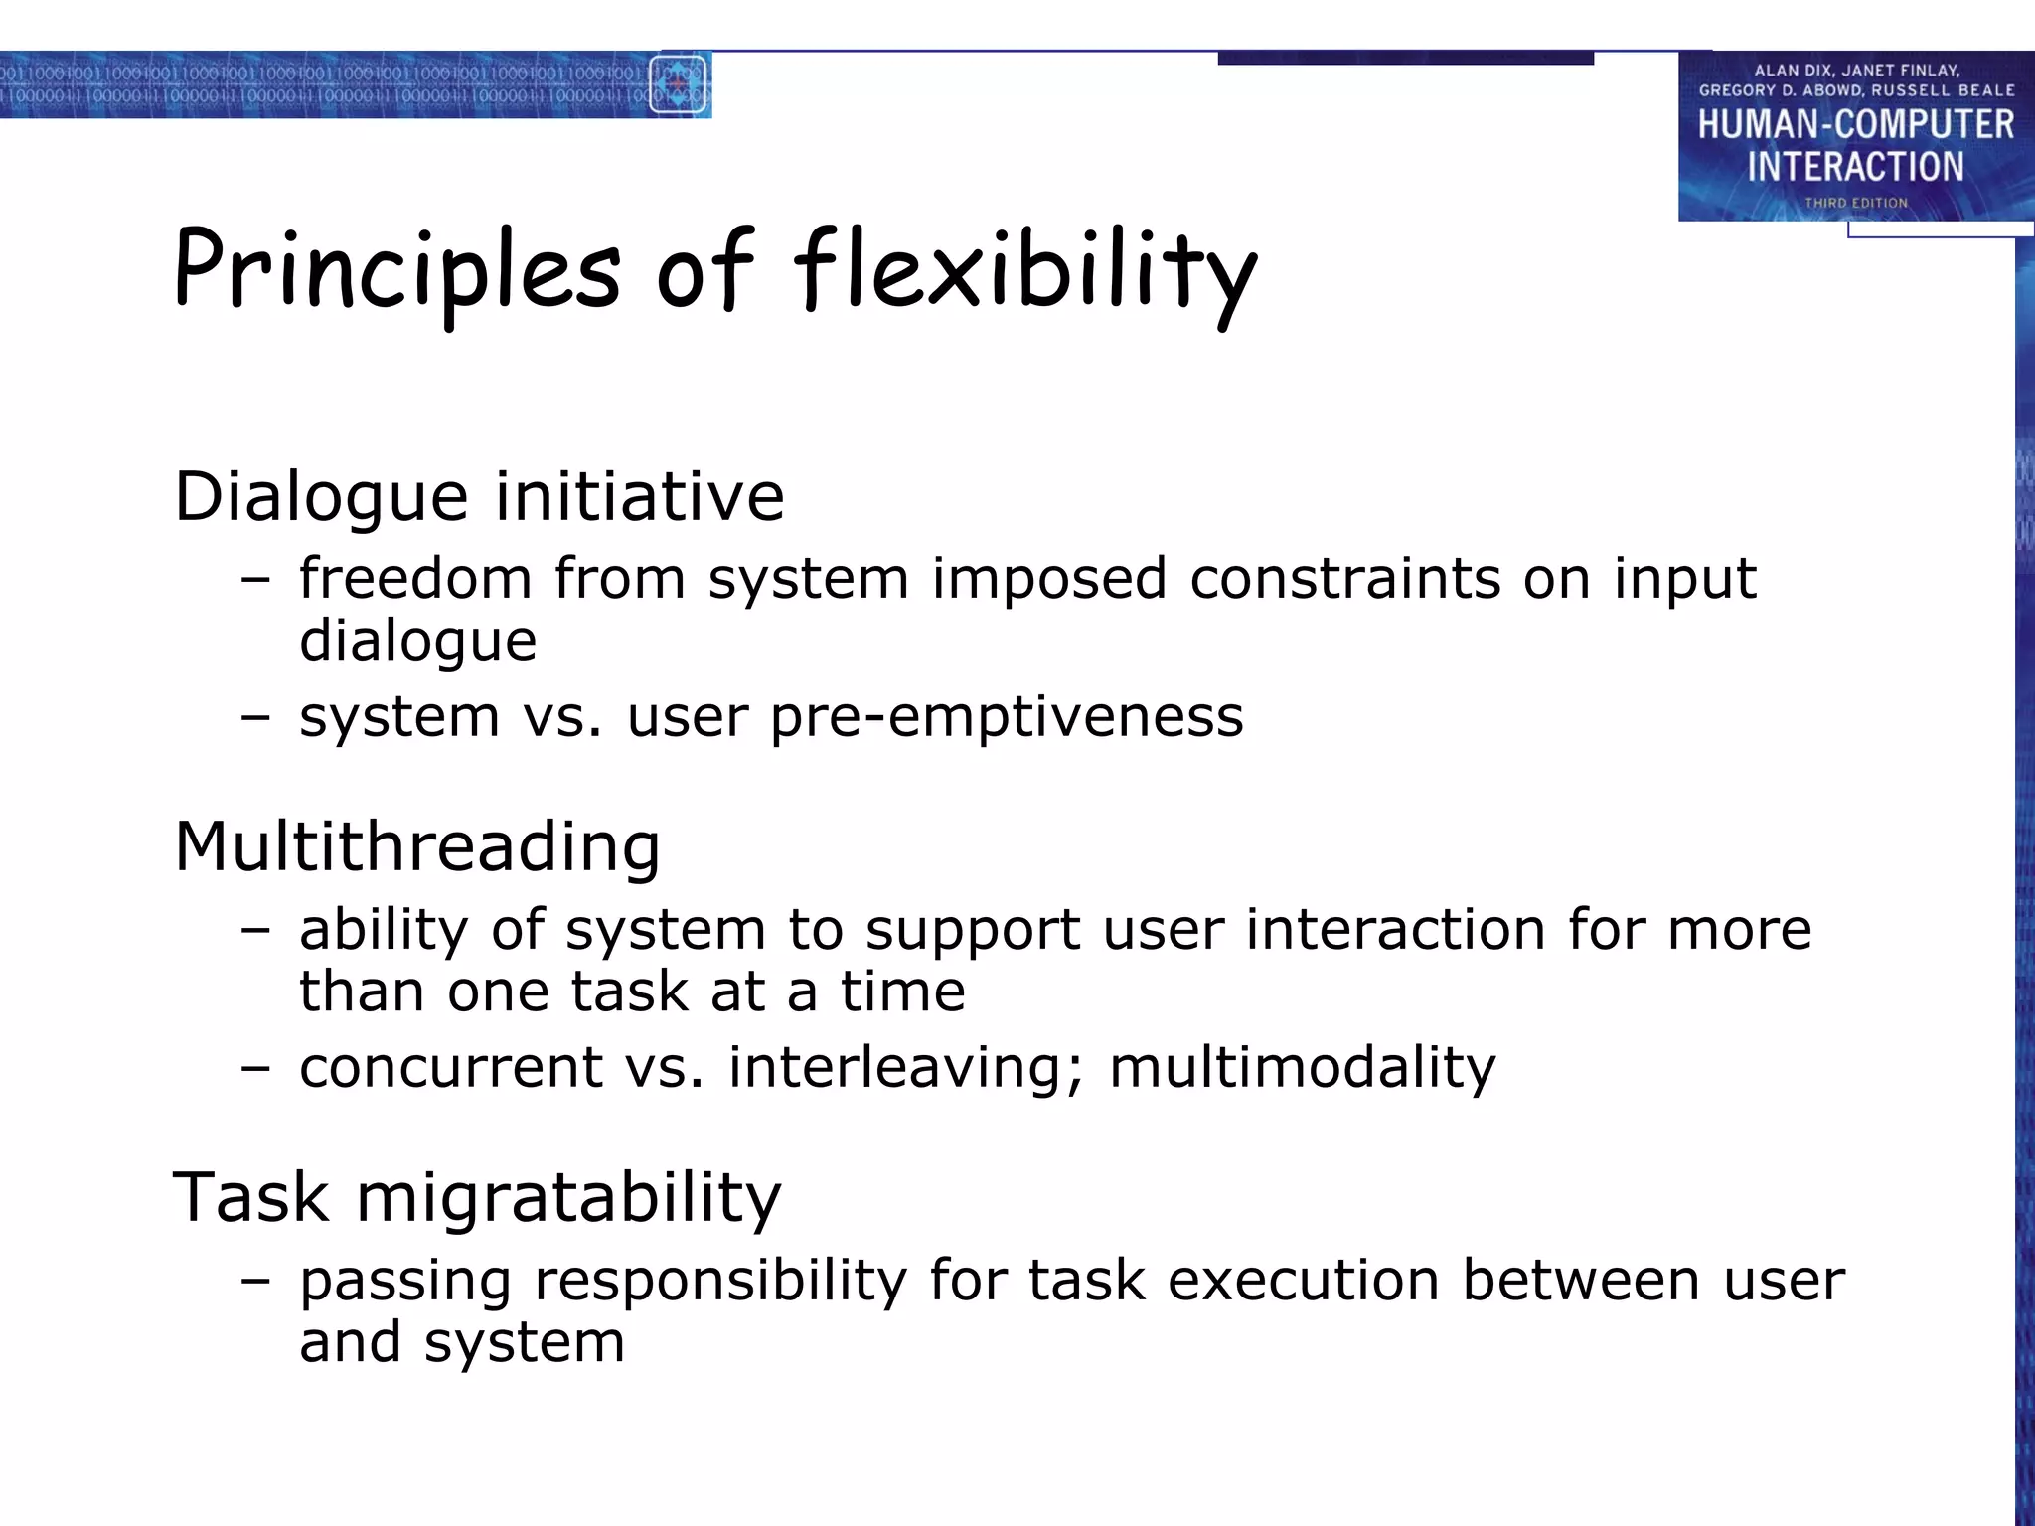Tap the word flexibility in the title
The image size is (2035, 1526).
coord(1023,270)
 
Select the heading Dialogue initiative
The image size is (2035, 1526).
coord(479,496)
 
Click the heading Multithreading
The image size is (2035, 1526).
coord(417,846)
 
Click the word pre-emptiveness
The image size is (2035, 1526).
coord(1006,716)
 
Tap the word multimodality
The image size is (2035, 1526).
coord(1302,1068)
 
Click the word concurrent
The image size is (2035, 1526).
coord(450,1068)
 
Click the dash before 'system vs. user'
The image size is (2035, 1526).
coord(255,718)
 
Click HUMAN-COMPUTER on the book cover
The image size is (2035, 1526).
coord(1855,125)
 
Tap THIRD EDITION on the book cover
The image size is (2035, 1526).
coord(1855,203)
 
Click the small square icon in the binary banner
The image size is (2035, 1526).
coord(679,84)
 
